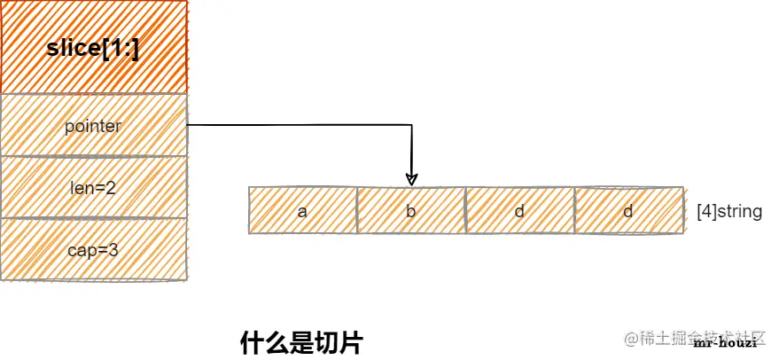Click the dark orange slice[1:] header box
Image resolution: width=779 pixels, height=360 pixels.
93,47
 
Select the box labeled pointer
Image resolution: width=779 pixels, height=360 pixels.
93,126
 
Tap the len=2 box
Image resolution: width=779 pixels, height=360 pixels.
93,187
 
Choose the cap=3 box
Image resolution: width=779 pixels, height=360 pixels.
93,250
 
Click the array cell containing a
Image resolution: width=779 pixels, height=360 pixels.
302,211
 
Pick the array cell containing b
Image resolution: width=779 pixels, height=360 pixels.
411,211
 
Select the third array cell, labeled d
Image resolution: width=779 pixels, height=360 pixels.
520,211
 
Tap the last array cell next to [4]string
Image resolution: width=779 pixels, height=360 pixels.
629,211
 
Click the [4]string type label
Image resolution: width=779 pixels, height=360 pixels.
728,212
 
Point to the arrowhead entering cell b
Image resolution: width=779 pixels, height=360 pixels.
411,180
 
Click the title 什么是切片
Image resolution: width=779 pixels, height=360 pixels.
302,343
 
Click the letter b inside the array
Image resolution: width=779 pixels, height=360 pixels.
411,212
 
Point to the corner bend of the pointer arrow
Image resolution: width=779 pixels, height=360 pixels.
411,126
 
